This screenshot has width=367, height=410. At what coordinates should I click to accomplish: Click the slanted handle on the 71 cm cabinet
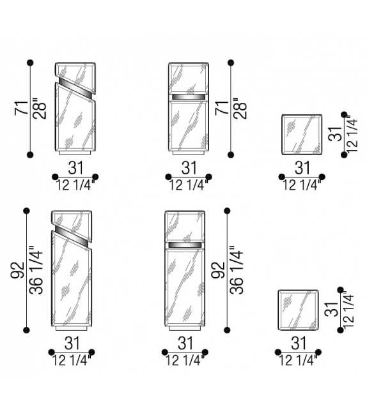click(75, 87)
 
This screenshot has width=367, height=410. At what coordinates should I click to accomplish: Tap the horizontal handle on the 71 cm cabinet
click(188, 97)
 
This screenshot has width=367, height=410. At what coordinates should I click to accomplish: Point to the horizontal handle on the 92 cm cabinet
click(185, 245)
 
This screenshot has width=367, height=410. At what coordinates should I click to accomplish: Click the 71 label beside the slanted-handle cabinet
click(22, 108)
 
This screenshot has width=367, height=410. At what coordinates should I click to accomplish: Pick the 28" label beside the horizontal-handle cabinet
click(240, 109)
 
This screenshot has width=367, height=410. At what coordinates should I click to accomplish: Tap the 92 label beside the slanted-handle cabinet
click(18, 270)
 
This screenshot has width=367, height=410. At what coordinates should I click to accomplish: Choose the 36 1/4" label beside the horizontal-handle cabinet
click(237, 270)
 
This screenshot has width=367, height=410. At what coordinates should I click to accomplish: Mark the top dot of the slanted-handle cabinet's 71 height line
click(30, 63)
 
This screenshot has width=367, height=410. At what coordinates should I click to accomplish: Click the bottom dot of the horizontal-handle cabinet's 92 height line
click(227, 330)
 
